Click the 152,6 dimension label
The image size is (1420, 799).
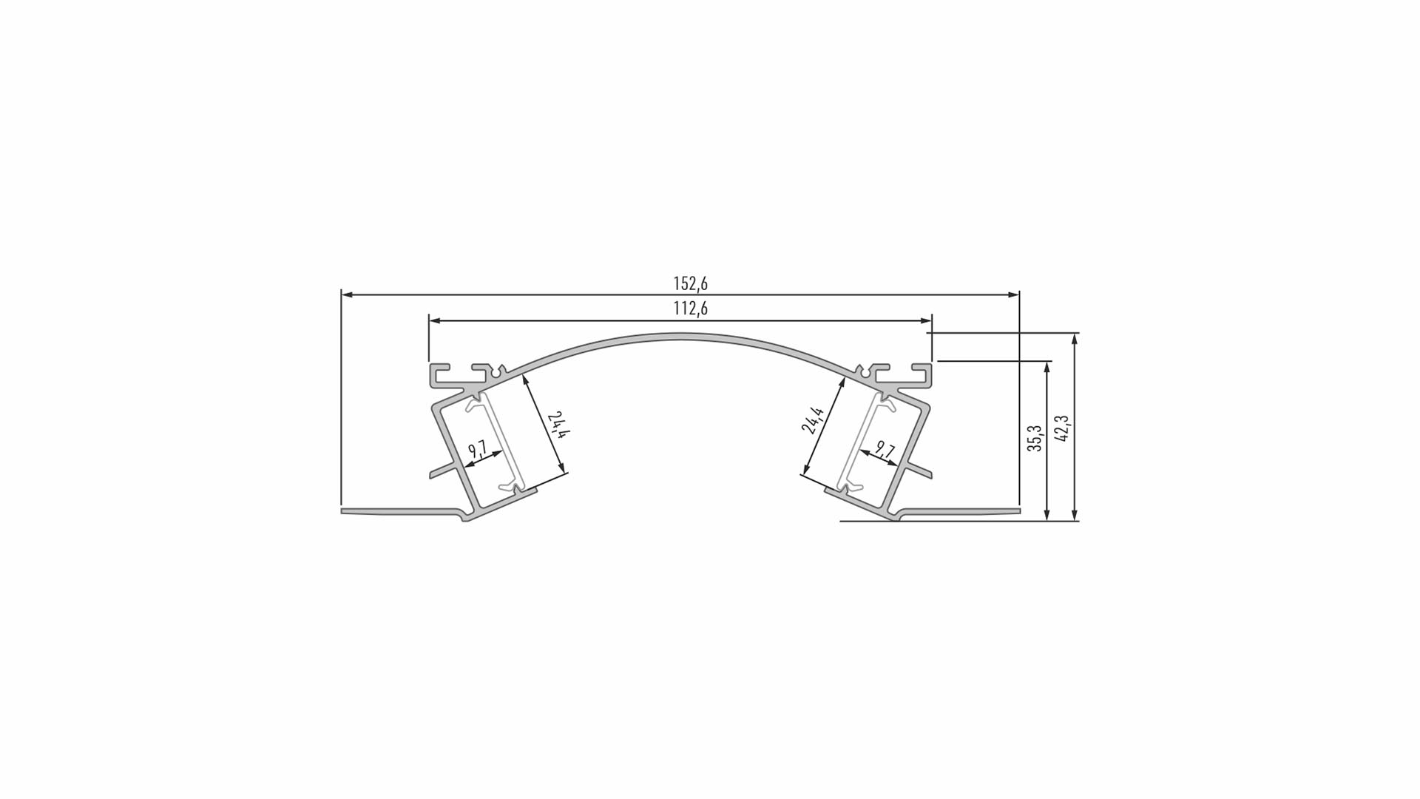690,283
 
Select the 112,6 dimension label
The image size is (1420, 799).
690,309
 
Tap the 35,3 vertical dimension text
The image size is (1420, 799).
1035,439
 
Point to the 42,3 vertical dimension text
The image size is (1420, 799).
1062,428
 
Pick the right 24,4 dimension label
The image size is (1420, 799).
813,419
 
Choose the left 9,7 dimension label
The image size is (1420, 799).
477,449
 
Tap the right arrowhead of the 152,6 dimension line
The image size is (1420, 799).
1014,294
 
